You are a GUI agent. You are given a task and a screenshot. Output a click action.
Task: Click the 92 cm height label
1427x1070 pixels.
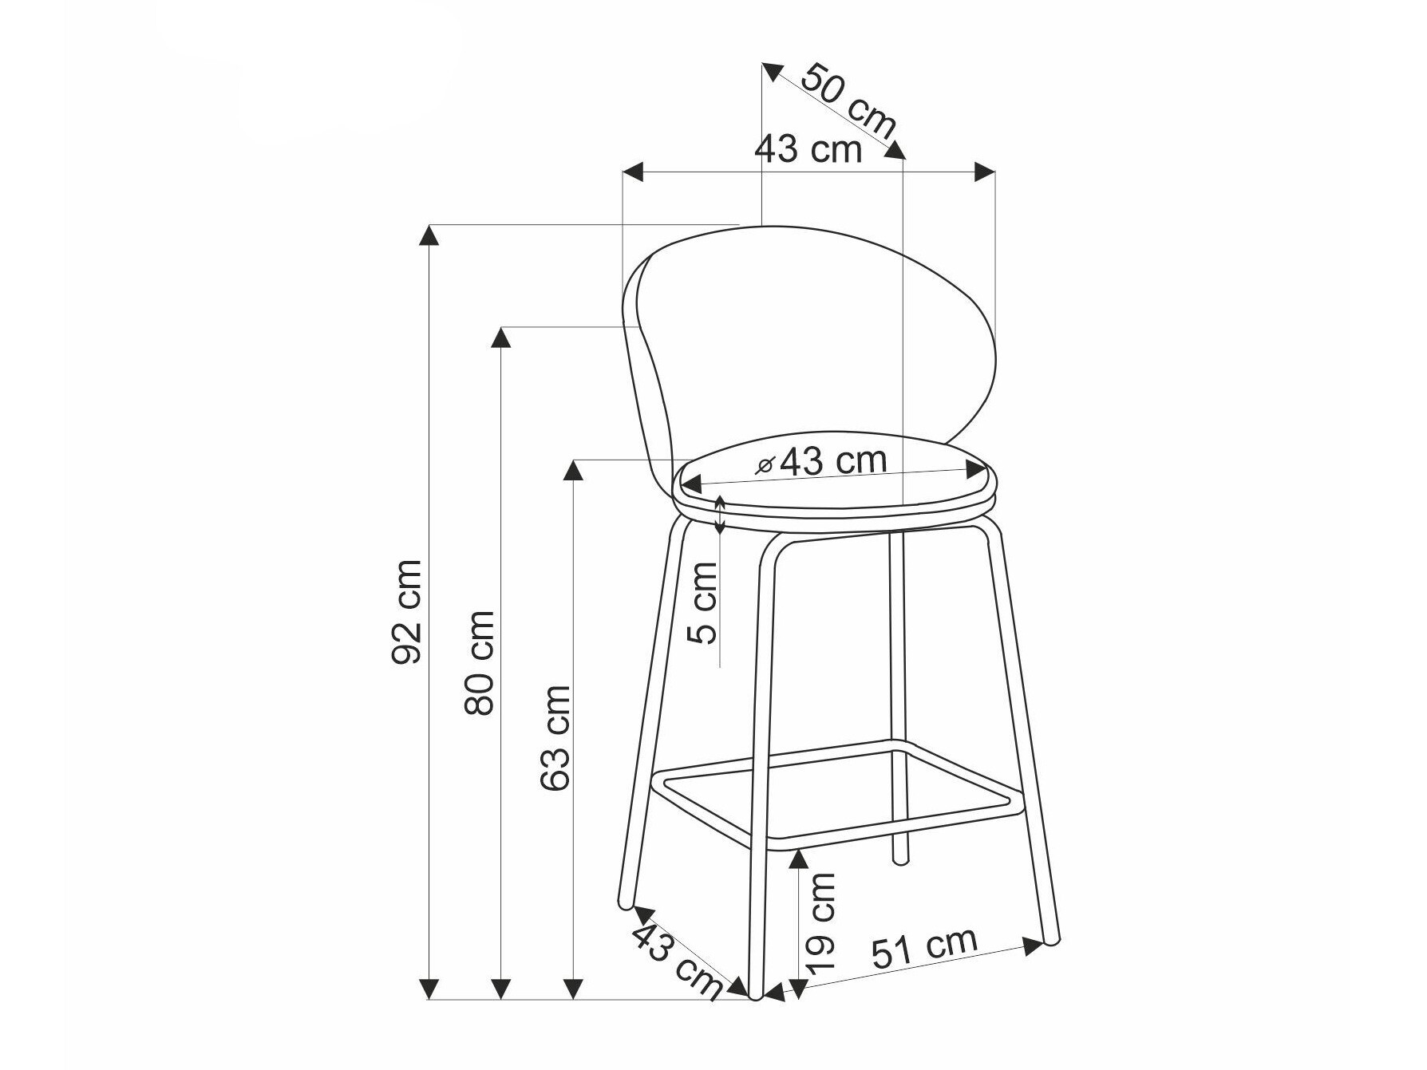pos(407,612)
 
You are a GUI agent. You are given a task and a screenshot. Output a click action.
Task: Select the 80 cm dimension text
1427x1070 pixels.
pos(480,662)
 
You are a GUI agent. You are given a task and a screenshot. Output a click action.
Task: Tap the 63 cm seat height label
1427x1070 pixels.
pos(555,737)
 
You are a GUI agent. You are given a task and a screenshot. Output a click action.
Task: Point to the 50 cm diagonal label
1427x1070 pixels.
pos(848,100)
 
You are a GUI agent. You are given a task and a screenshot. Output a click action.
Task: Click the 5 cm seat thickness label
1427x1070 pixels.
pos(704,602)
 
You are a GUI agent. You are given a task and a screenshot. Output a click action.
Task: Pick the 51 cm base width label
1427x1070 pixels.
pos(924,948)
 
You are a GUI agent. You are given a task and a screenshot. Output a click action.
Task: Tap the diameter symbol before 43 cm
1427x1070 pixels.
pos(765,466)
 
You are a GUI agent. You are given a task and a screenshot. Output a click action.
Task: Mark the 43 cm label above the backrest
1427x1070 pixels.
pos(808,149)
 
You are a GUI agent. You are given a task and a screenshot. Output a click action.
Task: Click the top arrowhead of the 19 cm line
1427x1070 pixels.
pos(797,859)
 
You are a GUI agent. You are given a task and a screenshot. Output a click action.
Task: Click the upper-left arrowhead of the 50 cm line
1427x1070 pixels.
pos(771,71)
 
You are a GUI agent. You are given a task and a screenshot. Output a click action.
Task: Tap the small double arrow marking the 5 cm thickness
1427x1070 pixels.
pos(720,515)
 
